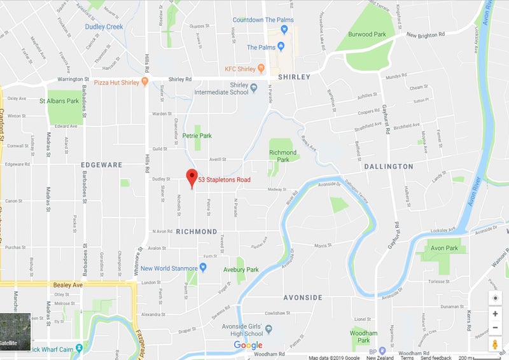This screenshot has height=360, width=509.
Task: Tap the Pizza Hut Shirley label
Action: tap(117, 82)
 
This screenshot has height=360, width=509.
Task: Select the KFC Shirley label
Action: tap(240, 69)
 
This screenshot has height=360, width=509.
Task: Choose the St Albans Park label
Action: tap(59, 100)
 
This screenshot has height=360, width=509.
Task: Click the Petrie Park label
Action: tap(197, 135)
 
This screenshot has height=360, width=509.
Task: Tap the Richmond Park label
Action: tap(283, 156)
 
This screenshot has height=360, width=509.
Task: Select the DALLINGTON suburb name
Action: tap(389, 166)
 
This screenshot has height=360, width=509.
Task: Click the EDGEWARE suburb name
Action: tap(102, 165)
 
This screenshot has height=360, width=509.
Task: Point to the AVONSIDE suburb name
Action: tap(303, 298)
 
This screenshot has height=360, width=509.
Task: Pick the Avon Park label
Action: tap(444, 248)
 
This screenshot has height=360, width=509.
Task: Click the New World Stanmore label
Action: tap(169, 268)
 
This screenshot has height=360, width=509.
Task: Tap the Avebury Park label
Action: tap(240, 270)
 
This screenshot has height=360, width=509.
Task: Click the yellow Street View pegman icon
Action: tap(495, 344)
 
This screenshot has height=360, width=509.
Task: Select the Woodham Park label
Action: tap(364, 336)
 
